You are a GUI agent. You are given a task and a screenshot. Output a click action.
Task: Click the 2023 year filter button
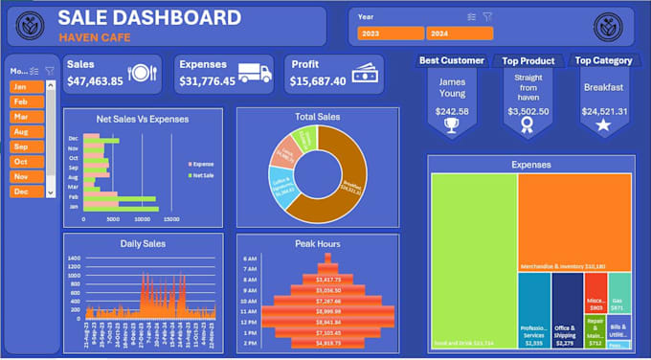pyautogui.click(x=390, y=34)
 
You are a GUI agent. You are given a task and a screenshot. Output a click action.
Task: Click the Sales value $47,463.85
pyautogui.click(x=95, y=81)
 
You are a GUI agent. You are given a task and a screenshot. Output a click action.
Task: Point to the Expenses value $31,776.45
pyautogui.click(x=207, y=81)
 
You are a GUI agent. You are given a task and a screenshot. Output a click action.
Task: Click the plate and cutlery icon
pyautogui.click(x=142, y=73)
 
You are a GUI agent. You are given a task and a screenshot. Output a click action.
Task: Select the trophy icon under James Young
pyautogui.click(x=452, y=124)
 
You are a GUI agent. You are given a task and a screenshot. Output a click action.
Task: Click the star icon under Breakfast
pyautogui.click(x=603, y=125)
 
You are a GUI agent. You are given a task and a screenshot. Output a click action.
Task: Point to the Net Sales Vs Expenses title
pyautogui.click(x=143, y=120)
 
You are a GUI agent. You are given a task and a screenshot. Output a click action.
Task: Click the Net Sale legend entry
pyautogui.click(x=203, y=176)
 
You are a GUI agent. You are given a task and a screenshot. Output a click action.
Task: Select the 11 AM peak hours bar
pyautogui.click(x=327, y=312)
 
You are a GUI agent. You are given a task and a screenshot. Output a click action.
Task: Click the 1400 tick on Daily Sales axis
pyautogui.click(x=74, y=259)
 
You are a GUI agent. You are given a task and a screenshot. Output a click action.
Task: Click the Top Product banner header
pyautogui.click(x=528, y=60)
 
